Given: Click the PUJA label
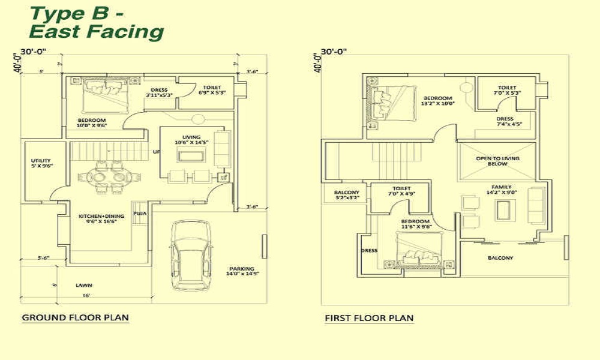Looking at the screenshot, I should (x=140, y=213).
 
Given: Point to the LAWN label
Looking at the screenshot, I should (x=84, y=285).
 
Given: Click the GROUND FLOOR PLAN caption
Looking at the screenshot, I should (x=75, y=317).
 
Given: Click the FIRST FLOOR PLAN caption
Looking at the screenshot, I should (x=369, y=318).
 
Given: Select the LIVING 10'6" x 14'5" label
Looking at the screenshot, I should (x=191, y=140).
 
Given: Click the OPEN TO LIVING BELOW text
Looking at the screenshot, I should (x=497, y=161).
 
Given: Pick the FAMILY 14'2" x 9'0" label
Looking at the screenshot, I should (x=501, y=190).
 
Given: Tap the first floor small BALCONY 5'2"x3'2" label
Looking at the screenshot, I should (x=346, y=194).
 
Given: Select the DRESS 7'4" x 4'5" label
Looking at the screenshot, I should (x=505, y=122).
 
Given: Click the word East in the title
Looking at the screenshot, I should (x=54, y=31).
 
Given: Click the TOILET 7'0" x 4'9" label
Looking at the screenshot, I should (x=401, y=191).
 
